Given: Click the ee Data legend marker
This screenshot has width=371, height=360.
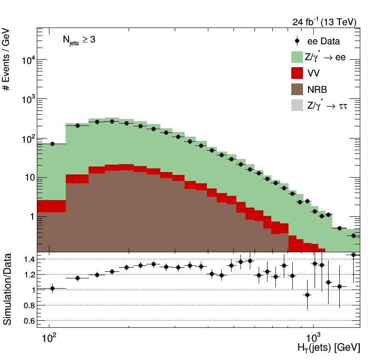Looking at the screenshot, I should (297, 41).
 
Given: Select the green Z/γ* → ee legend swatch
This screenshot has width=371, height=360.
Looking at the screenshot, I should (297, 57).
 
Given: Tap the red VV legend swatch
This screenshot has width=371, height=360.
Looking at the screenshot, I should (297, 73).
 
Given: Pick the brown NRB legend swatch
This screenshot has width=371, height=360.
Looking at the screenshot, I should (297, 90).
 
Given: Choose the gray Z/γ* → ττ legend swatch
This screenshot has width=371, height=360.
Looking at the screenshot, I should (297, 105).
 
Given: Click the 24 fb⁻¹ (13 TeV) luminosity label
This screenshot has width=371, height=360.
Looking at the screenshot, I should (324, 22).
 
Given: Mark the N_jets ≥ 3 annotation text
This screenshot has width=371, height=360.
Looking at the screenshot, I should (79, 41).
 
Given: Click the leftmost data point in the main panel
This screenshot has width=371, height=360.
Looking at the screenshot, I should (52, 144).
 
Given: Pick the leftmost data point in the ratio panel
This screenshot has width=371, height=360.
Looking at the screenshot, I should (52, 288).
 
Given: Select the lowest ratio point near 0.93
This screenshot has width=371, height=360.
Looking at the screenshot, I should (307, 295).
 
